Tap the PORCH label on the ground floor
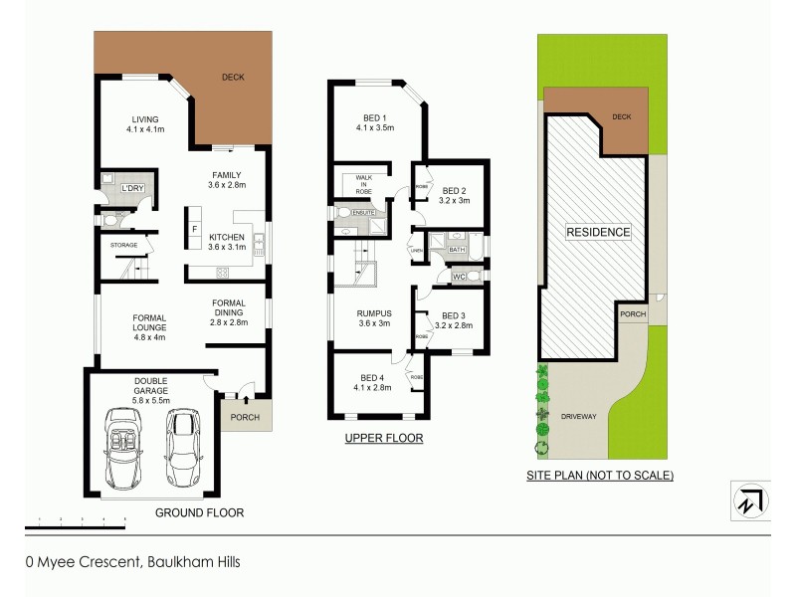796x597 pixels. (x=244, y=417)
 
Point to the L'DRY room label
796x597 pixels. (x=132, y=189)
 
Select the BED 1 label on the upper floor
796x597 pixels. (x=375, y=115)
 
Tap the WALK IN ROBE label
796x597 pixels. (x=356, y=185)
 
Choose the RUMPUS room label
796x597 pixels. (x=375, y=313)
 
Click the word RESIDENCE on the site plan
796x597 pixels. (x=598, y=233)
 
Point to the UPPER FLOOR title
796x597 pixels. (x=383, y=438)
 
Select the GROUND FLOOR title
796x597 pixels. (x=199, y=512)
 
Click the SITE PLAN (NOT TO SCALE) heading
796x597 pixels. (x=599, y=476)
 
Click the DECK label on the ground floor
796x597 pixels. (x=233, y=77)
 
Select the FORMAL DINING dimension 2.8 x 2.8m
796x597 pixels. (x=228, y=322)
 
